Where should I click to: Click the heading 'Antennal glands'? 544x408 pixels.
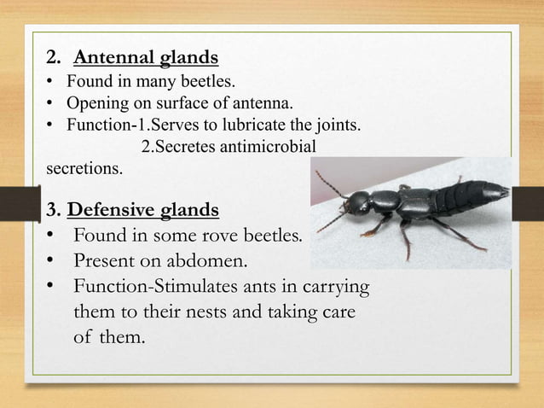(146, 59)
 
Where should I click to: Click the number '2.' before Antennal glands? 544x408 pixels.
(55, 59)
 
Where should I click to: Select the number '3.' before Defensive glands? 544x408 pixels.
(54, 209)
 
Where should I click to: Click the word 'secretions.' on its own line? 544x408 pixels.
(83, 168)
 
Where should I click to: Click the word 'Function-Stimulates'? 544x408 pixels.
(149, 286)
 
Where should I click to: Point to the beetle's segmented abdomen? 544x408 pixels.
(460, 198)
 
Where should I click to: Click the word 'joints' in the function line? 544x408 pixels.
(340, 125)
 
